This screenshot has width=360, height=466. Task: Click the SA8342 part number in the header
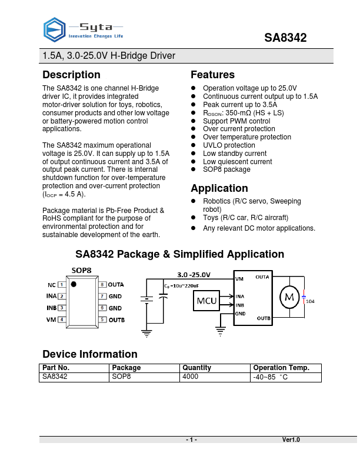click(x=285, y=38)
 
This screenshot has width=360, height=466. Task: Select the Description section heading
click(x=71, y=75)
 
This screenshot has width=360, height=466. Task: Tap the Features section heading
click(x=212, y=75)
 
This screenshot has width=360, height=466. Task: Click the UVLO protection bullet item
click(x=229, y=145)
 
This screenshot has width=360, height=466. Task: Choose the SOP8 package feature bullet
click(x=226, y=169)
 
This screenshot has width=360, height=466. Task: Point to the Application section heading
click(x=219, y=188)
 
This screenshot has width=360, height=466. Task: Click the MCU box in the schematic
click(x=206, y=301)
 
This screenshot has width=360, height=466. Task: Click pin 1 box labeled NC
click(x=62, y=284)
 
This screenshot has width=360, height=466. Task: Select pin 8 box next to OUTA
click(x=102, y=284)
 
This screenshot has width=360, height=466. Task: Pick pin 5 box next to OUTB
click(x=102, y=319)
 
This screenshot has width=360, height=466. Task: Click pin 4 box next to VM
click(x=62, y=319)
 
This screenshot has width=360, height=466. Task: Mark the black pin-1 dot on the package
click(x=74, y=285)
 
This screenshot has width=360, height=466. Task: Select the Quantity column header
click(x=196, y=368)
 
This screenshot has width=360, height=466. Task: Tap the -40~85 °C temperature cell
click(x=270, y=377)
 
